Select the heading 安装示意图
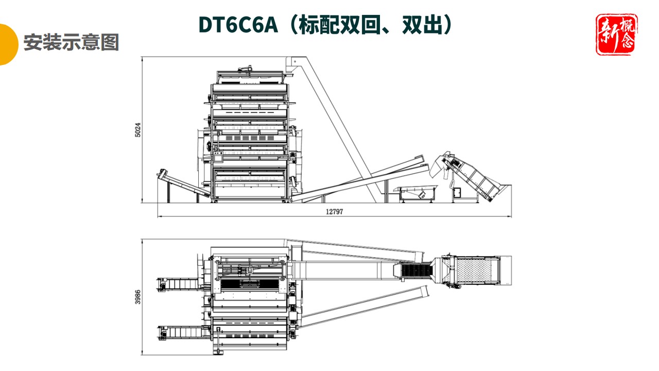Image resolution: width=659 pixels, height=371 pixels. point(71,43)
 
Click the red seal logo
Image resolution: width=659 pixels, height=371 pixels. point(616,35)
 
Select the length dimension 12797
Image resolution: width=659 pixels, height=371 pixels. point(334,212)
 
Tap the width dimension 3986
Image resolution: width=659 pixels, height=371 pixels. point(137,297)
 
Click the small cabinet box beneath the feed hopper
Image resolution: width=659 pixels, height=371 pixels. point(457,193)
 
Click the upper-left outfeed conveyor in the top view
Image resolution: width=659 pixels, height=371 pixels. point(178,284)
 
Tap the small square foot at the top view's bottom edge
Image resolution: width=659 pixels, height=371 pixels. point(221,352)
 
